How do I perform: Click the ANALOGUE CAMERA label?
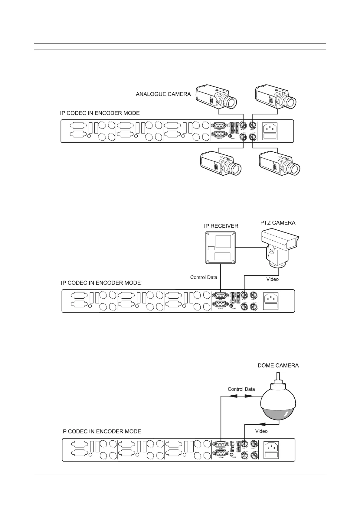click(x=163, y=94)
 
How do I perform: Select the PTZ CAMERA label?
click(x=278, y=223)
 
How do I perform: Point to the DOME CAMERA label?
click(x=278, y=365)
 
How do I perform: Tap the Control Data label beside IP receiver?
click(x=204, y=277)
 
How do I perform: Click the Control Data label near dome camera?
click(x=241, y=389)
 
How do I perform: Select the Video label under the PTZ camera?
click(x=272, y=279)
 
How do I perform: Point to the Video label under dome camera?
click(x=261, y=431)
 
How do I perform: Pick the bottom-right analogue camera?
click(x=280, y=164)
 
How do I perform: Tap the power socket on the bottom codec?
click(x=272, y=447)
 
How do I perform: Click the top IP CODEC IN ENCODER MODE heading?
click(x=100, y=113)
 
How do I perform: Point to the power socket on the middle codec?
click(x=272, y=298)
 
